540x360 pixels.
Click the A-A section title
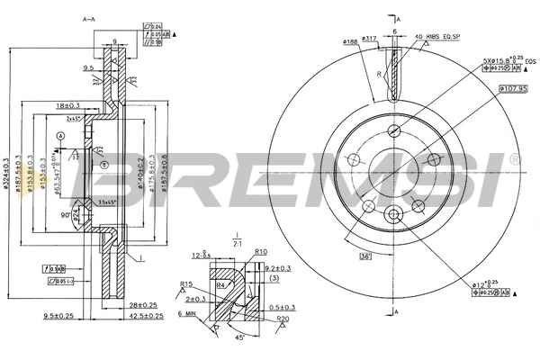click(x=88, y=19)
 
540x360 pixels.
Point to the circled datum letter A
click(x=60, y=135)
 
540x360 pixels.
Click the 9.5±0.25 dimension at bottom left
click(x=60, y=316)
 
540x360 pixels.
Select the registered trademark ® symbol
click(x=515, y=159)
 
